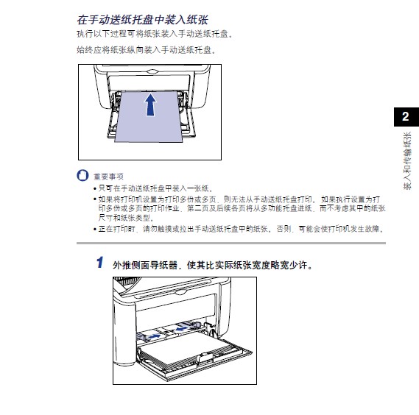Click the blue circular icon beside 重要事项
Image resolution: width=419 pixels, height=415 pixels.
[x=82, y=177]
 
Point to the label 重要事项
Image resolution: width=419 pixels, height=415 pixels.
[x=108, y=177]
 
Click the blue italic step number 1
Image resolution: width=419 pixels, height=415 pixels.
[x=99, y=263]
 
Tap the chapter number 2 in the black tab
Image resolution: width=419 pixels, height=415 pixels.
[x=404, y=116]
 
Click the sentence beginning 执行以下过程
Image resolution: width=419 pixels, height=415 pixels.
[x=154, y=35]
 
